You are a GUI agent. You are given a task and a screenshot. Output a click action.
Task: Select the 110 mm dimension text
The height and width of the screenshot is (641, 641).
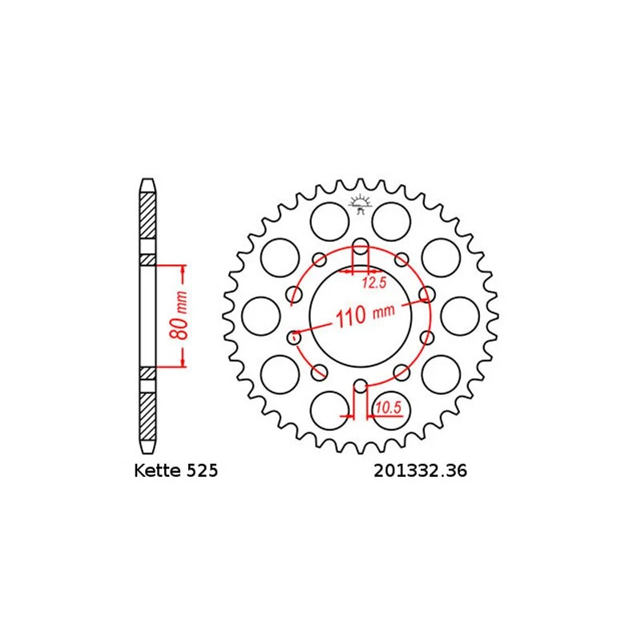click(365, 315)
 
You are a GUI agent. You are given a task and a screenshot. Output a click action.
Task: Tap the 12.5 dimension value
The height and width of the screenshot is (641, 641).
click(374, 283)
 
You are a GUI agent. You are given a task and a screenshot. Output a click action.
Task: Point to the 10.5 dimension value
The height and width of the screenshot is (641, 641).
click(389, 407)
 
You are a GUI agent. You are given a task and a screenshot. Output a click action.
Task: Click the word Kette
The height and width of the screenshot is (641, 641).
click(158, 470)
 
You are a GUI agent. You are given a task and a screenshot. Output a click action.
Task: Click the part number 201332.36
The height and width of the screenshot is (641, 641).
click(420, 470)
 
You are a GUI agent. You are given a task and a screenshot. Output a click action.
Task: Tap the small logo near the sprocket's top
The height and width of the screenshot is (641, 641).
click(360, 204)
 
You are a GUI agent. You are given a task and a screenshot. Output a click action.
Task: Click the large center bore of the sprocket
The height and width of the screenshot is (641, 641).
click(360, 316)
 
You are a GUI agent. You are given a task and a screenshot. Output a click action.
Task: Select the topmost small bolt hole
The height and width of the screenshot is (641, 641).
click(360, 246)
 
